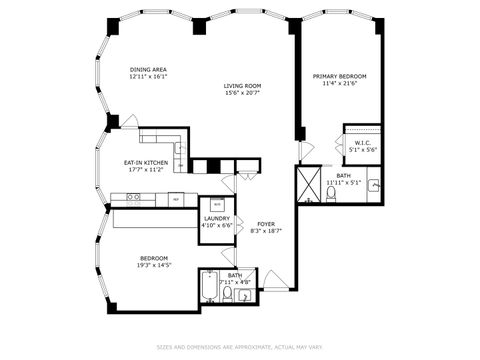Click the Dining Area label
147,69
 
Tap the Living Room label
241,86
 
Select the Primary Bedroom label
339,76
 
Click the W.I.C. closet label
362,143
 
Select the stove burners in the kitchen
133,198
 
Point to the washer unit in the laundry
217,203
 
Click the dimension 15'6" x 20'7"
241,94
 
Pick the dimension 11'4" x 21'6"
339,84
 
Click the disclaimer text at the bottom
239,347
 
